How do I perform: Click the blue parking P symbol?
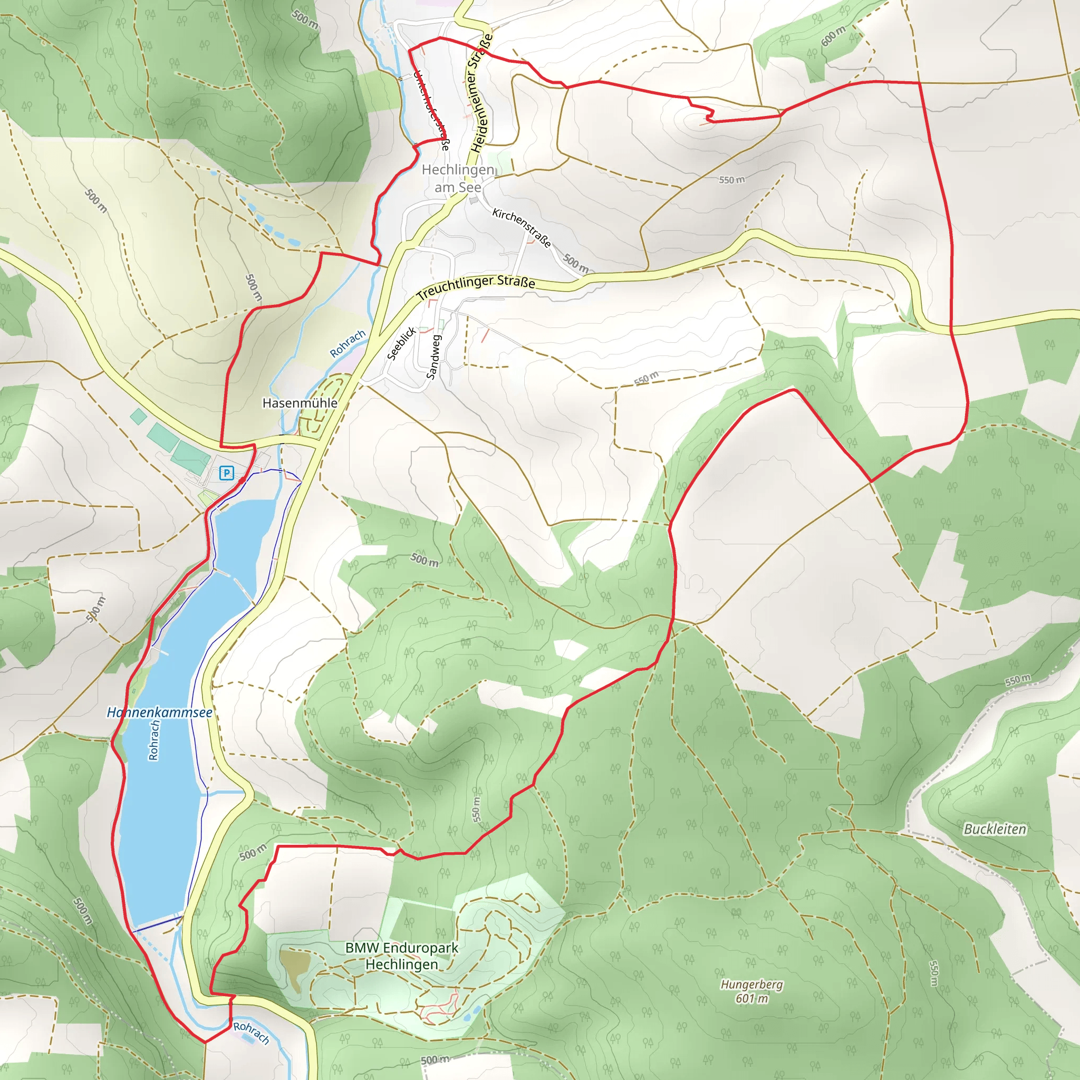pyautogui.click(x=226, y=474)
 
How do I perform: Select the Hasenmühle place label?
pyautogui.click(x=300, y=403)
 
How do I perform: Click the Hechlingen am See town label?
pyautogui.click(x=458, y=178)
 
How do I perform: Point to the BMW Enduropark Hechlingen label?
pyautogui.click(x=401, y=956)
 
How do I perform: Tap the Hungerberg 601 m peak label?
pyautogui.click(x=751, y=991)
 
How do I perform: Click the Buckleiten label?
pyautogui.click(x=995, y=829)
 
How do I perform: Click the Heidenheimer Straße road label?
pyautogui.click(x=481, y=93)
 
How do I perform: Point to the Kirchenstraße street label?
pyautogui.click(x=522, y=227)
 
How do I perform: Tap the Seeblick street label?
pyautogui.click(x=401, y=343)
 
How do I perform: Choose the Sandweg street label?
pyautogui.click(x=434, y=356)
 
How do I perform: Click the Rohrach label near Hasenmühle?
pyautogui.click(x=347, y=343)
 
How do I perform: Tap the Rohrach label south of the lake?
pyautogui.click(x=251, y=1033)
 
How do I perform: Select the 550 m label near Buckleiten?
pyautogui.click(x=1017, y=680)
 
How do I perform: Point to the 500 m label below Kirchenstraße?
pyautogui.click(x=576, y=263)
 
